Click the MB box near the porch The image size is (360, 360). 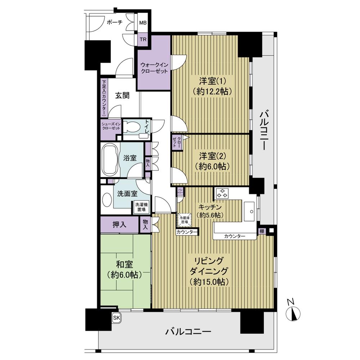[143, 23]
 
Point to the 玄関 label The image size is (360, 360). [122, 95]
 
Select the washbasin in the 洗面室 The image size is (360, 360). [107, 200]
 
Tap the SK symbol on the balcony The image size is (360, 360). [116, 318]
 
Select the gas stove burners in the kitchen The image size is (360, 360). [223, 194]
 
